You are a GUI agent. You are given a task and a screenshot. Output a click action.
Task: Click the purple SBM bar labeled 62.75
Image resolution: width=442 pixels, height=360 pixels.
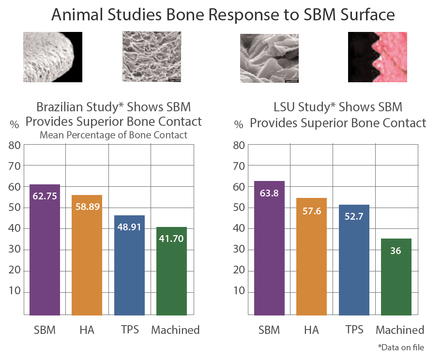45,249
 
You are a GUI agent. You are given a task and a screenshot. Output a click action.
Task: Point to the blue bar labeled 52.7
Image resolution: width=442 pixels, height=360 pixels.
354,259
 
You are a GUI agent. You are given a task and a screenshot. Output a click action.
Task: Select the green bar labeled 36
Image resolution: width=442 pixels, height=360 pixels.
396,276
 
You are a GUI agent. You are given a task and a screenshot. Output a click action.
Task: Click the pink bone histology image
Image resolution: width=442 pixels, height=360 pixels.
377,57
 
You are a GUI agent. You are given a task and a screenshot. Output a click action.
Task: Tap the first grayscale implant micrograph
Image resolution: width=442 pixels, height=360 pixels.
53,57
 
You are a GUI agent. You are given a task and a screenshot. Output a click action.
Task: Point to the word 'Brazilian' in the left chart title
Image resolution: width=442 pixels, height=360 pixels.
60,106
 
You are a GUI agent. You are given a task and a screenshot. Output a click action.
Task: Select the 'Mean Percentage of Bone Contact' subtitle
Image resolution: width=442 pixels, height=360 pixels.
113,135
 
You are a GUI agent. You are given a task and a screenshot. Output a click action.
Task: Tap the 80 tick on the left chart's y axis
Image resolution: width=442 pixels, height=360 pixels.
16,145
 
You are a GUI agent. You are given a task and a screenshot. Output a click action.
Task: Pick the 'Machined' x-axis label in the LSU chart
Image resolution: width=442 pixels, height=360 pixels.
400,330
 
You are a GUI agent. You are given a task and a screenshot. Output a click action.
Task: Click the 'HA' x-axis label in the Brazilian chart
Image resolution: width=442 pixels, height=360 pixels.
87,330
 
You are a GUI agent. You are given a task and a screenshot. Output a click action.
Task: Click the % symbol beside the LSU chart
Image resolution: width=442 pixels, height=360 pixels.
239,124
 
